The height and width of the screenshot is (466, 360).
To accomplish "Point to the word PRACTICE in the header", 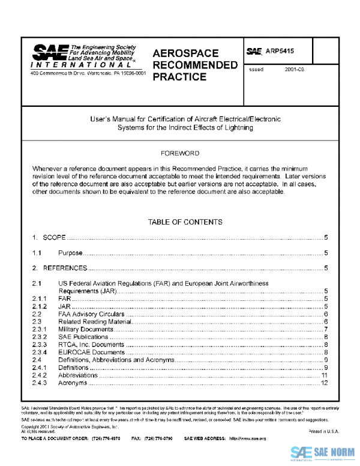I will tap(179, 77).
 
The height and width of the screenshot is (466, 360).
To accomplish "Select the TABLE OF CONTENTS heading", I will tap(185, 222).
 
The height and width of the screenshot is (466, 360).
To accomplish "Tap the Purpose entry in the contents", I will tap(70, 253).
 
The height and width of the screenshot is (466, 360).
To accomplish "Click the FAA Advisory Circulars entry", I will tap(91, 313).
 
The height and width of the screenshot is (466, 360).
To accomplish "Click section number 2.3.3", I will tap(40, 344).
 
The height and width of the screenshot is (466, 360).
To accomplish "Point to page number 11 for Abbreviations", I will tap(324, 375).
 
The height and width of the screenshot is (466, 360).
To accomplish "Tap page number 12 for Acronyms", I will tap(324, 383).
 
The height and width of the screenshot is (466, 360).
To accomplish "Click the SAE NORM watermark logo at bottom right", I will tap(324, 453).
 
